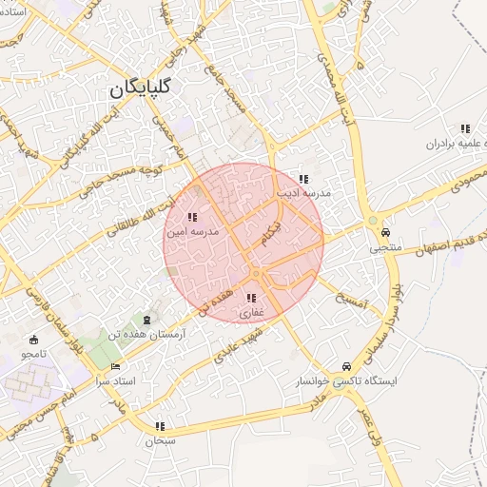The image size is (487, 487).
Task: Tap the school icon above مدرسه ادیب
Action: click(303, 179)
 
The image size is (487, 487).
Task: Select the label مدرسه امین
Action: click(192, 231)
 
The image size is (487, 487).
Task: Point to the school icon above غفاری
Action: click(250, 299)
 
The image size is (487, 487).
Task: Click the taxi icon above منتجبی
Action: click(385, 232)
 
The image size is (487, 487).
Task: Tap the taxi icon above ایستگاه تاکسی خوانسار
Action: click(344, 367)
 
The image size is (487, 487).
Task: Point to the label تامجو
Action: click(33, 354)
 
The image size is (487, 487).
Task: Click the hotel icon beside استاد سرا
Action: click(116, 366)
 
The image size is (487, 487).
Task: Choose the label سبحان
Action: click(155, 441)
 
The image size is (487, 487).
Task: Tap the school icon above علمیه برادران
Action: click(465, 128)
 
